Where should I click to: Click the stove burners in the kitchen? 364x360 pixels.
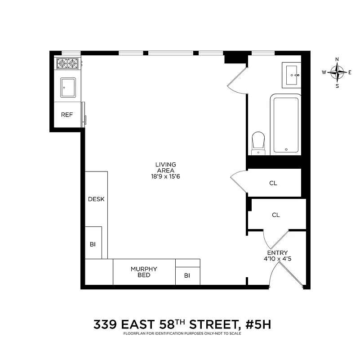click(x=67, y=63)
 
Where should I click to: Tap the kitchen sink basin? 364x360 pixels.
click(x=68, y=86)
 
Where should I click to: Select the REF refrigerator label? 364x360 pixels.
click(x=67, y=115)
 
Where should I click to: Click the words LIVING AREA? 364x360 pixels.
click(x=166, y=167)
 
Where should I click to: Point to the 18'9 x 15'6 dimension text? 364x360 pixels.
click(x=166, y=176)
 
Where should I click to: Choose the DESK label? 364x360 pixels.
click(x=96, y=199)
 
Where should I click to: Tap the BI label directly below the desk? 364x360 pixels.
click(x=93, y=244)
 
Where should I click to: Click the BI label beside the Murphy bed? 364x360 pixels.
click(x=187, y=276)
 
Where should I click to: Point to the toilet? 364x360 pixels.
click(x=258, y=142)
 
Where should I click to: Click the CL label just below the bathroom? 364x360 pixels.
click(x=273, y=183)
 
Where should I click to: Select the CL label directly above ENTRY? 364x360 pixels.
click(x=276, y=215)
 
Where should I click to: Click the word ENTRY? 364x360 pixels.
click(x=277, y=253)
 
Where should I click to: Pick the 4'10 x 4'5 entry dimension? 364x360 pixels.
click(x=277, y=259)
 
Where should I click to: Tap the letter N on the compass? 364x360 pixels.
click(x=337, y=59)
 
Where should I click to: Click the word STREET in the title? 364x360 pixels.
click(x=210, y=324)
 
